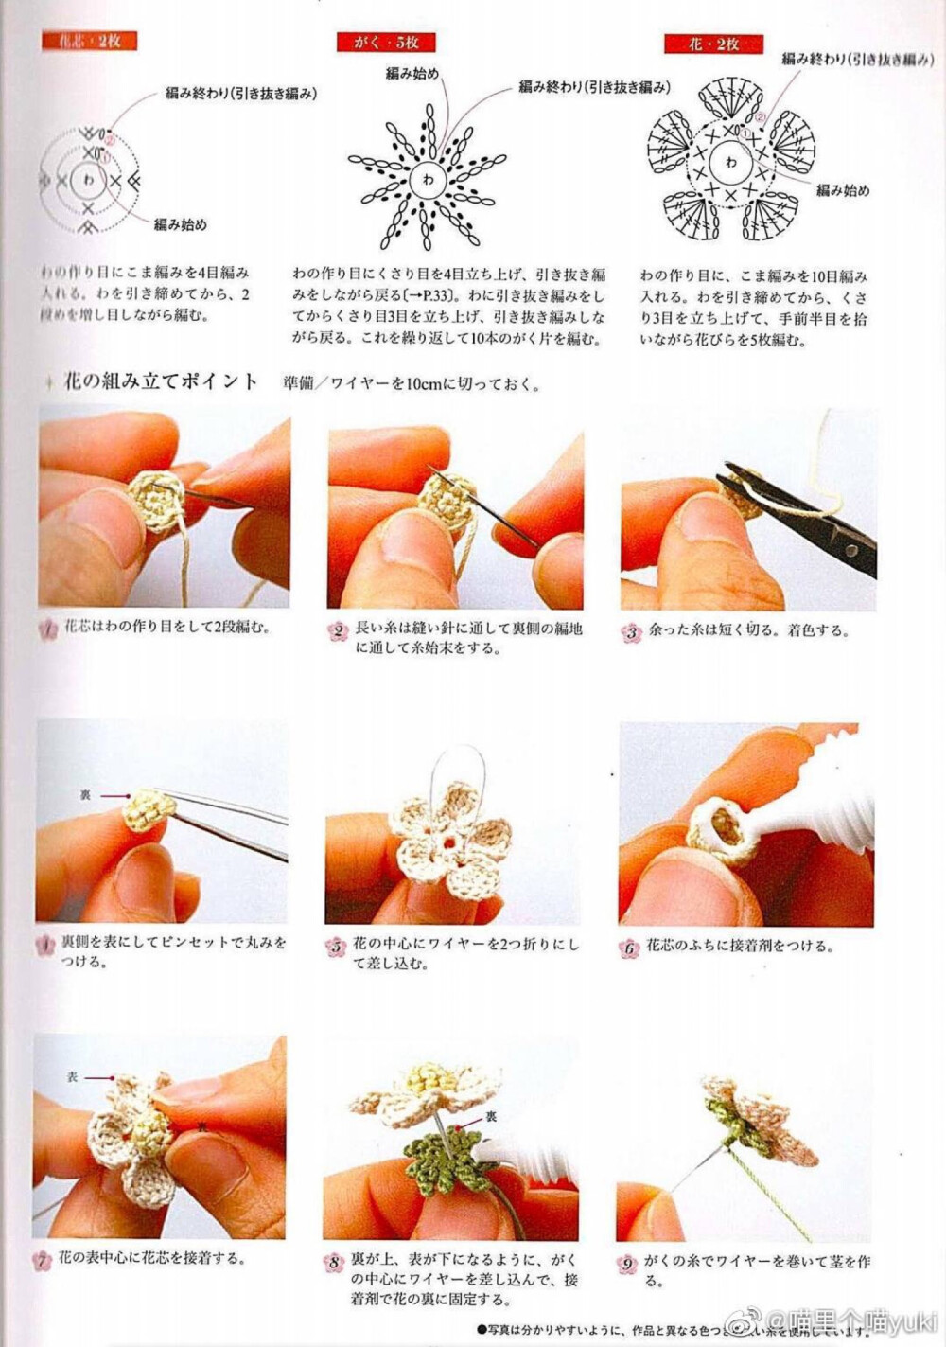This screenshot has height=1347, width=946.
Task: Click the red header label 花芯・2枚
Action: (89, 41)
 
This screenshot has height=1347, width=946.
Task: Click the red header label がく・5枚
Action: (384, 42)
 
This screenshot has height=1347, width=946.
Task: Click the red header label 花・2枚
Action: (713, 44)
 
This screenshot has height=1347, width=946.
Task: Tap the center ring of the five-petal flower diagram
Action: (730, 163)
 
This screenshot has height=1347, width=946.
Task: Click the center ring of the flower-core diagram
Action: (89, 179)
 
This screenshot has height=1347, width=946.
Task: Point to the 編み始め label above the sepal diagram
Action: (412, 73)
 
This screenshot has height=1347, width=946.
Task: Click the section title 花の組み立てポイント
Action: (160, 381)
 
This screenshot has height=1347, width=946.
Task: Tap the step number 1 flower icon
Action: (48, 629)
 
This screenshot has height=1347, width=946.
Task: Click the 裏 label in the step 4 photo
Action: (85, 795)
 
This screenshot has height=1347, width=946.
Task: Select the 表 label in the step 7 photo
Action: (73, 1077)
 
